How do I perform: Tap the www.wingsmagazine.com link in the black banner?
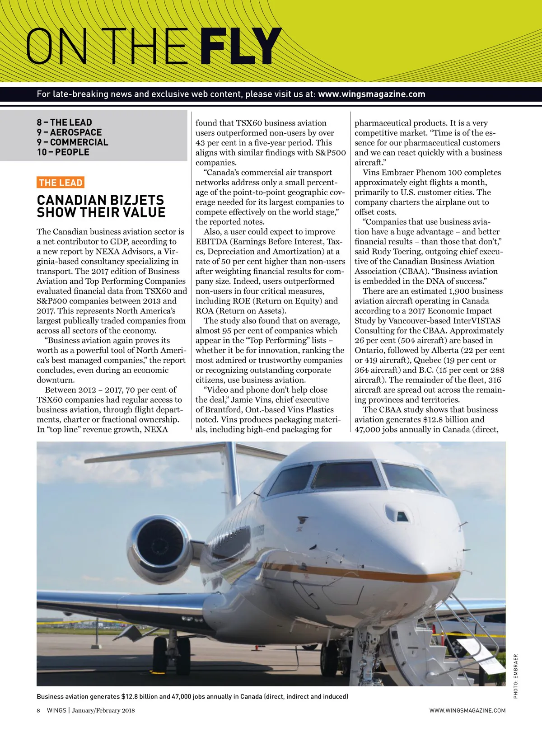coord(371,94)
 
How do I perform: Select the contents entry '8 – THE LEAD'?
coord(64,122)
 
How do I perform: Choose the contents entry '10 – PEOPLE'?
coord(63,152)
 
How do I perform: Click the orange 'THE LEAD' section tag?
coord(61,183)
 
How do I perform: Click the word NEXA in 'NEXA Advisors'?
coord(107,252)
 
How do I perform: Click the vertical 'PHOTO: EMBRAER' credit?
coord(516,676)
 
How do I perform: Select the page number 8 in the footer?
coord(38,710)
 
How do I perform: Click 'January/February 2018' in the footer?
coord(103,710)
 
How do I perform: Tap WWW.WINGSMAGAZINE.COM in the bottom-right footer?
coord(467,710)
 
